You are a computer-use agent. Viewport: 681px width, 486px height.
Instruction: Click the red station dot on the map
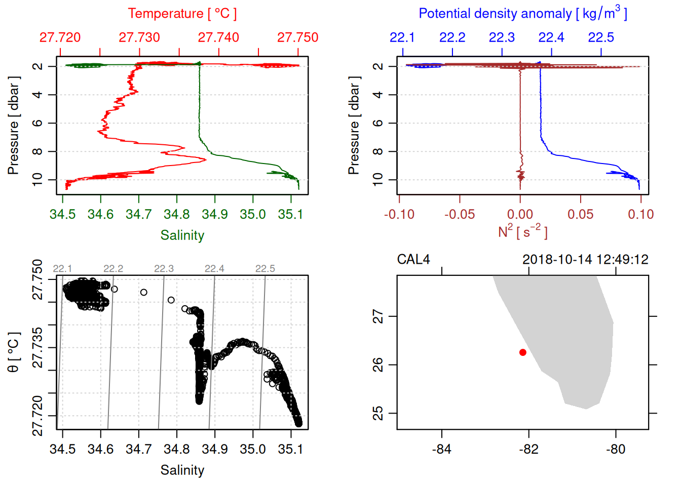coord(522,352)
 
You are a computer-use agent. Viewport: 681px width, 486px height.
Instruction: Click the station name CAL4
coord(413,260)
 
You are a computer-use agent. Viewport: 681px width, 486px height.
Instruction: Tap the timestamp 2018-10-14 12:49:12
coord(585,260)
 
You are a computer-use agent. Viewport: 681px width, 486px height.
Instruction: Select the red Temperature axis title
coord(182,14)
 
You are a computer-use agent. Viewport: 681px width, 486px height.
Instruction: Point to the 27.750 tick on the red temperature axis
coord(298,37)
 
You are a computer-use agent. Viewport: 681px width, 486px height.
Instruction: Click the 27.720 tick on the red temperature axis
coord(60,37)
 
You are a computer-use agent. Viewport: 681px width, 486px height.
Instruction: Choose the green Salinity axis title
coord(182,235)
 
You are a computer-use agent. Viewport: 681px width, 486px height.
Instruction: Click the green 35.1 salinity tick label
coord(290,215)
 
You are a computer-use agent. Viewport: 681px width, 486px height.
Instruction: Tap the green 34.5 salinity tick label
coord(62,215)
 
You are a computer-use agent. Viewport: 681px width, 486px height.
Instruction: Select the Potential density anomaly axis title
coord(522,14)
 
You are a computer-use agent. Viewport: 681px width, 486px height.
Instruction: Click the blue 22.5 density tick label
coord(601,37)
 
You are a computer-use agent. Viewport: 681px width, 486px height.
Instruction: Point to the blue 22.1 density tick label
coord(402,37)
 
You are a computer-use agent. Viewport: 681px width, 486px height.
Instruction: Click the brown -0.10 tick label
coord(399,215)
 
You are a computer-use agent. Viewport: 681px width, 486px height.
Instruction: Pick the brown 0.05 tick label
coord(580,215)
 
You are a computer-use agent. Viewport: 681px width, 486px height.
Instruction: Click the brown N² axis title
coord(522,232)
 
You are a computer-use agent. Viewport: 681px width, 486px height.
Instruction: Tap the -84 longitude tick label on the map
coord(441,450)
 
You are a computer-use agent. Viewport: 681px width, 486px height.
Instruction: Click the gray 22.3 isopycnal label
coord(164,269)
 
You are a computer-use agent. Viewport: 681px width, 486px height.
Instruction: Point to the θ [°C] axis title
coord(14,352)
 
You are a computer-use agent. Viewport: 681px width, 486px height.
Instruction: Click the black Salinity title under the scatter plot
coord(182,470)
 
